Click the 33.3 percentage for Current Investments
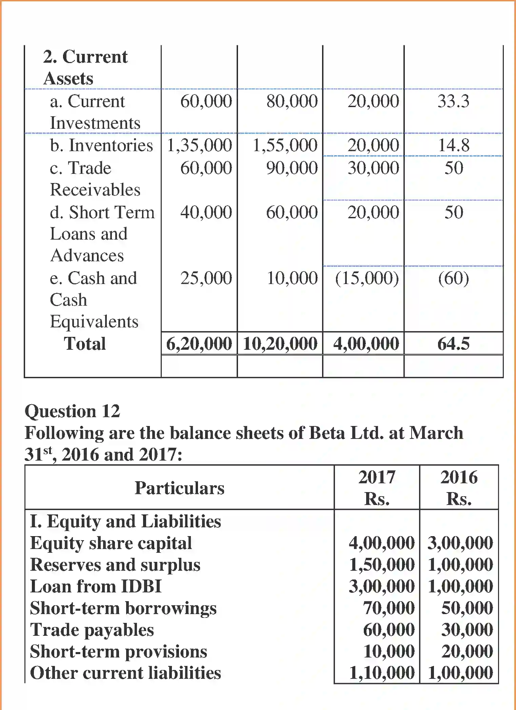pyautogui.click(x=453, y=101)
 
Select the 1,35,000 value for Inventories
pyautogui.click(x=199, y=145)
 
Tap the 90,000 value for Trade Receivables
pyautogui.click(x=292, y=168)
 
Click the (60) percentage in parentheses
pyautogui.click(x=453, y=278)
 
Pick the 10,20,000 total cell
pyautogui.click(x=280, y=344)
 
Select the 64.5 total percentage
pyautogui.click(x=453, y=344)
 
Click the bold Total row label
pyautogui.click(x=85, y=344)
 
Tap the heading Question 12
pyautogui.click(x=72, y=411)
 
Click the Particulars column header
pyautogui.click(x=179, y=488)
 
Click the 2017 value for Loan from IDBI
pyautogui.click(x=381, y=586)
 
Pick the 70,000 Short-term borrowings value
pyautogui.click(x=389, y=608)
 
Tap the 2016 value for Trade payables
pyautogui.click(x=467, y=630)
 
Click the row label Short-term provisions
pyautogui.click(x=118, y=651)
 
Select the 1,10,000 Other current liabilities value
pyautogui.click(x=381, y=673)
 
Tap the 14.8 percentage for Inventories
pyautogui.click(x=454, y=145)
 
